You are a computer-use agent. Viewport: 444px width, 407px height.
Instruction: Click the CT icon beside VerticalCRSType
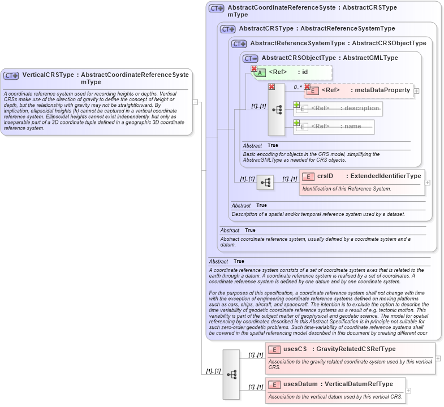coord(11,75)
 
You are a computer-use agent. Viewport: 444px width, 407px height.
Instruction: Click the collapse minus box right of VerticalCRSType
coord(195,102)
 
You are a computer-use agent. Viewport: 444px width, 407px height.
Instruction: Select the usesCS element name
coord(295,349)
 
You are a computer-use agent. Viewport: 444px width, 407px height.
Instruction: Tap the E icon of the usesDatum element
coord(274,384)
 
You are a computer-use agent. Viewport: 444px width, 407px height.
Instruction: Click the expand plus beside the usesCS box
coord(438,358)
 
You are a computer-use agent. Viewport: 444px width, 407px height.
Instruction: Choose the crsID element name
coord(325,176)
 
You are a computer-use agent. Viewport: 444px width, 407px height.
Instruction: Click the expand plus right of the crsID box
coord(427,183)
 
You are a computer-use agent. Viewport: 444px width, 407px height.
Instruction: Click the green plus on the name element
coord(296,123)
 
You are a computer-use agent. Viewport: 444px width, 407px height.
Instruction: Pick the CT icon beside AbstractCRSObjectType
coord(250,58)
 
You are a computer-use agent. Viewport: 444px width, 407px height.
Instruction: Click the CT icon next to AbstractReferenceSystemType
coord(239,44)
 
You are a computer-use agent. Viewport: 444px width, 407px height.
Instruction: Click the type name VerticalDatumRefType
coord(358,384)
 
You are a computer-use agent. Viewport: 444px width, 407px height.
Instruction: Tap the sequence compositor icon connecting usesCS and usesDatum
coord(231,374)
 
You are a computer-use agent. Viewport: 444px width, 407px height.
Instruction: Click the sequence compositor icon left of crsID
coord(265,183)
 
